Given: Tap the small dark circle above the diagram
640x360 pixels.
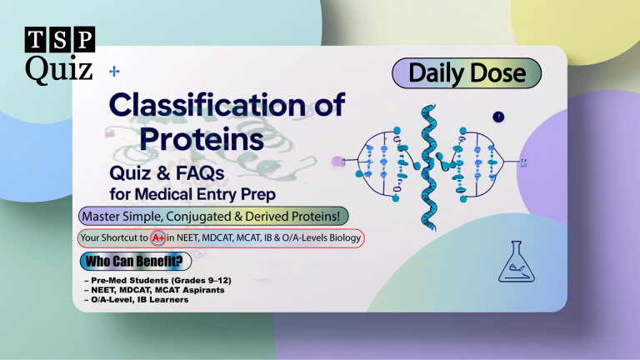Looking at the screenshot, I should (499, 117).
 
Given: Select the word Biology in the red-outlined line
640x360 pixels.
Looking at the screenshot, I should (343, 238).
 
